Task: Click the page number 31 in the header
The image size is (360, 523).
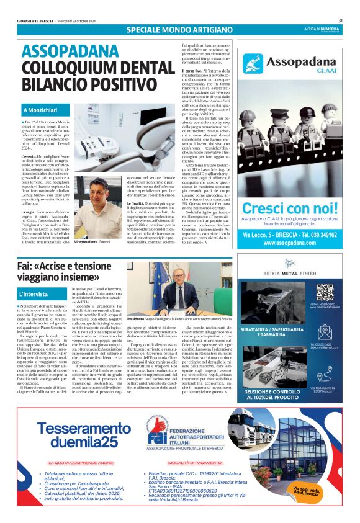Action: [340, 20]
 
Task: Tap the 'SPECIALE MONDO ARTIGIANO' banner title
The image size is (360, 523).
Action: [172, 30]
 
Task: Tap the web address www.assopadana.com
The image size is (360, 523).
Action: [289, 243]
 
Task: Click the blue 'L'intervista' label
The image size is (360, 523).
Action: [33, 293]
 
